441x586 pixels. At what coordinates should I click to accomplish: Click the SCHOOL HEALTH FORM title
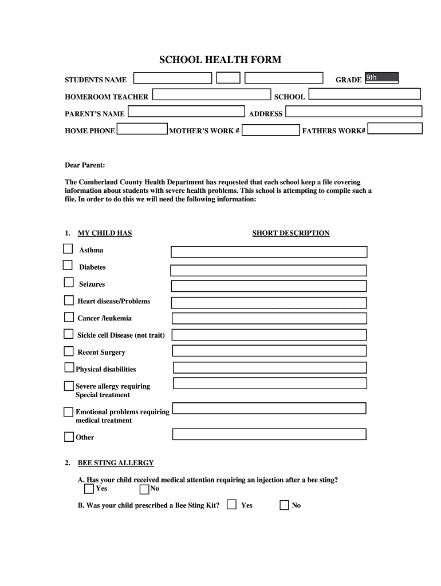point(220,60)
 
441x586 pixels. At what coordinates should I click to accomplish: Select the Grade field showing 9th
point(381,78)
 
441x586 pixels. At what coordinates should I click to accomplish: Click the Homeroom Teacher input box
point(211,95)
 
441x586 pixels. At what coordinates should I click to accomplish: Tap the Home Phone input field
point(142,129)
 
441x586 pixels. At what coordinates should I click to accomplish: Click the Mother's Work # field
point(270,130)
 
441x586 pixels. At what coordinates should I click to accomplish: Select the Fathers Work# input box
point(395,129)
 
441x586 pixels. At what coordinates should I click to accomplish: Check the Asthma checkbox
point(68,249)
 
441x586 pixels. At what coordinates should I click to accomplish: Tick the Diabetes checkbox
point(68,266)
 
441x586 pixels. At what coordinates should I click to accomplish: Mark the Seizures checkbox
point(69,283)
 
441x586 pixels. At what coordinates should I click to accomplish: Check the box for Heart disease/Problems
point(69,300)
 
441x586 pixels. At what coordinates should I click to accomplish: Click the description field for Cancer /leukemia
point(269,318)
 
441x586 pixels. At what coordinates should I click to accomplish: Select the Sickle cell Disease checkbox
point(69,334)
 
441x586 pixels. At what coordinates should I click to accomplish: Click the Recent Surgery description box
point(269,351)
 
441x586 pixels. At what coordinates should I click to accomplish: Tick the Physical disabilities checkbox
point(69,368)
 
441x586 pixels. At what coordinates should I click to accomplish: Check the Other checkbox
point(69,437)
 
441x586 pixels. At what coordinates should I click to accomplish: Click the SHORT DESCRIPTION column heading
point(290,233)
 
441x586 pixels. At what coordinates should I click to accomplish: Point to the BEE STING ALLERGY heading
point(116,463)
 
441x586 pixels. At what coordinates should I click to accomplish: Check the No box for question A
point(144,489)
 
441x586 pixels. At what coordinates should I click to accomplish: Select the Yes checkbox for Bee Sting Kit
point(231,505)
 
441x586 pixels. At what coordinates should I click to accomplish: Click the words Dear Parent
point(85,165)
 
